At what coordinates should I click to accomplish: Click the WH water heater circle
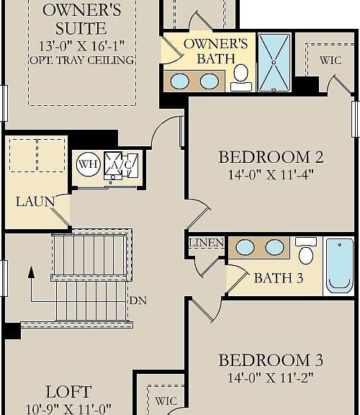[x=89, y=164]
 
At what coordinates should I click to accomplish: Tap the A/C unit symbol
[x=121, y=166]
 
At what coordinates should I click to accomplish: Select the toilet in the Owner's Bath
[x=241, y=78]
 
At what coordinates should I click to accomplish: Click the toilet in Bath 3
[x=306, y=251]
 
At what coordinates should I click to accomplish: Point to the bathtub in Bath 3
[x=340, y=266]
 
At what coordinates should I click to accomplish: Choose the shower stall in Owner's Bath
[x=274, y=63]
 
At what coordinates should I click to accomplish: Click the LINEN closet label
[x=207, y=243]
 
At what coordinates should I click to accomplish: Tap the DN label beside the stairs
[x=138, y=300]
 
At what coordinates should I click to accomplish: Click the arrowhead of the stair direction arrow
[x=32, y=272]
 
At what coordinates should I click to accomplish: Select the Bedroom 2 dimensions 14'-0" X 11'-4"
[x=271, y=174]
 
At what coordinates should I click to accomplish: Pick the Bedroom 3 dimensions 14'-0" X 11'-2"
[x=271, y=378]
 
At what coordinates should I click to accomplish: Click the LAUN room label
[x=35, y=202]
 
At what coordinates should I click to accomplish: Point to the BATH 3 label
[x=278, y=278]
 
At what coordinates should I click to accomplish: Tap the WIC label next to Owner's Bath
[x=330, y=61]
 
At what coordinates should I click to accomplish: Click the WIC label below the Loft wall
[x=166, y=401]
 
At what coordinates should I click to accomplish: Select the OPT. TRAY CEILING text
[x=82, y=61]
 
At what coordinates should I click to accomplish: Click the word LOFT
[x=68, y=392]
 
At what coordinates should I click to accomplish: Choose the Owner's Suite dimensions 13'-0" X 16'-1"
[x=82, y=46]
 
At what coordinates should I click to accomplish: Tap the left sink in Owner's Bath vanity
[x=180, y=81]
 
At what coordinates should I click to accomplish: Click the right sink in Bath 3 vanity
[x=274, y=247]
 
